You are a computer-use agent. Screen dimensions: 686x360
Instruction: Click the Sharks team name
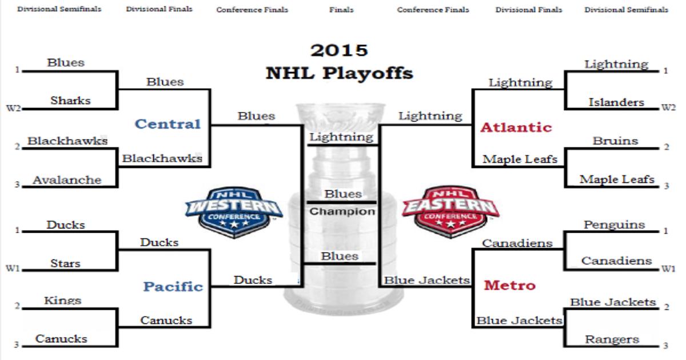(70, 101)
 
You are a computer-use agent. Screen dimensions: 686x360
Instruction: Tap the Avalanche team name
(67, 179)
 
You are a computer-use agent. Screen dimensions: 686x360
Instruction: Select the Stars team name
(66, 263)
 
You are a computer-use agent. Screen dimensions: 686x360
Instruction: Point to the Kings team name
(63, 301)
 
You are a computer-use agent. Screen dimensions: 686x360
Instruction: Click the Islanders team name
(616, 102)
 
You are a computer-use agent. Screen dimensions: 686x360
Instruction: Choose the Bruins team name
(616, 141)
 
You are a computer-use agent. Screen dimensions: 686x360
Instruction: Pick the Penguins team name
(615, 225)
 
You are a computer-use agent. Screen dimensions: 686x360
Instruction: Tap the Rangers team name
(612, 339)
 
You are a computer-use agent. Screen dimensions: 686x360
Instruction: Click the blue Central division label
(167, 124)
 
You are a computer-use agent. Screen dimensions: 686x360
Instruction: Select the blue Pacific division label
(173, 286)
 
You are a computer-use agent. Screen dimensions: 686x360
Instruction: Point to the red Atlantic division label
(516, 127)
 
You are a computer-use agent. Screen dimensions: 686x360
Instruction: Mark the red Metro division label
(510, 285)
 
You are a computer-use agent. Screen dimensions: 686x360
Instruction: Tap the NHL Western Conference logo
(234, 212)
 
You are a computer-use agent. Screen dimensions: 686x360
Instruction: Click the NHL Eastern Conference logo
(450, 211)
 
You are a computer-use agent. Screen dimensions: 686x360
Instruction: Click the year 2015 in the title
(339, 50)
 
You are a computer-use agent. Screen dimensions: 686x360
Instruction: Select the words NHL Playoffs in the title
(340, 74)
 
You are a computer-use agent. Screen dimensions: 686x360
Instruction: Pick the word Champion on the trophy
(342, 211)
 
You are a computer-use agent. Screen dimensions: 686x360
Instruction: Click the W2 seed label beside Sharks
(14, 108)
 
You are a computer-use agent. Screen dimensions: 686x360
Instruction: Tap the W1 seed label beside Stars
(13, 269)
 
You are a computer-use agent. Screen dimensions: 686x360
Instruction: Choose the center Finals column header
(341, 10)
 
